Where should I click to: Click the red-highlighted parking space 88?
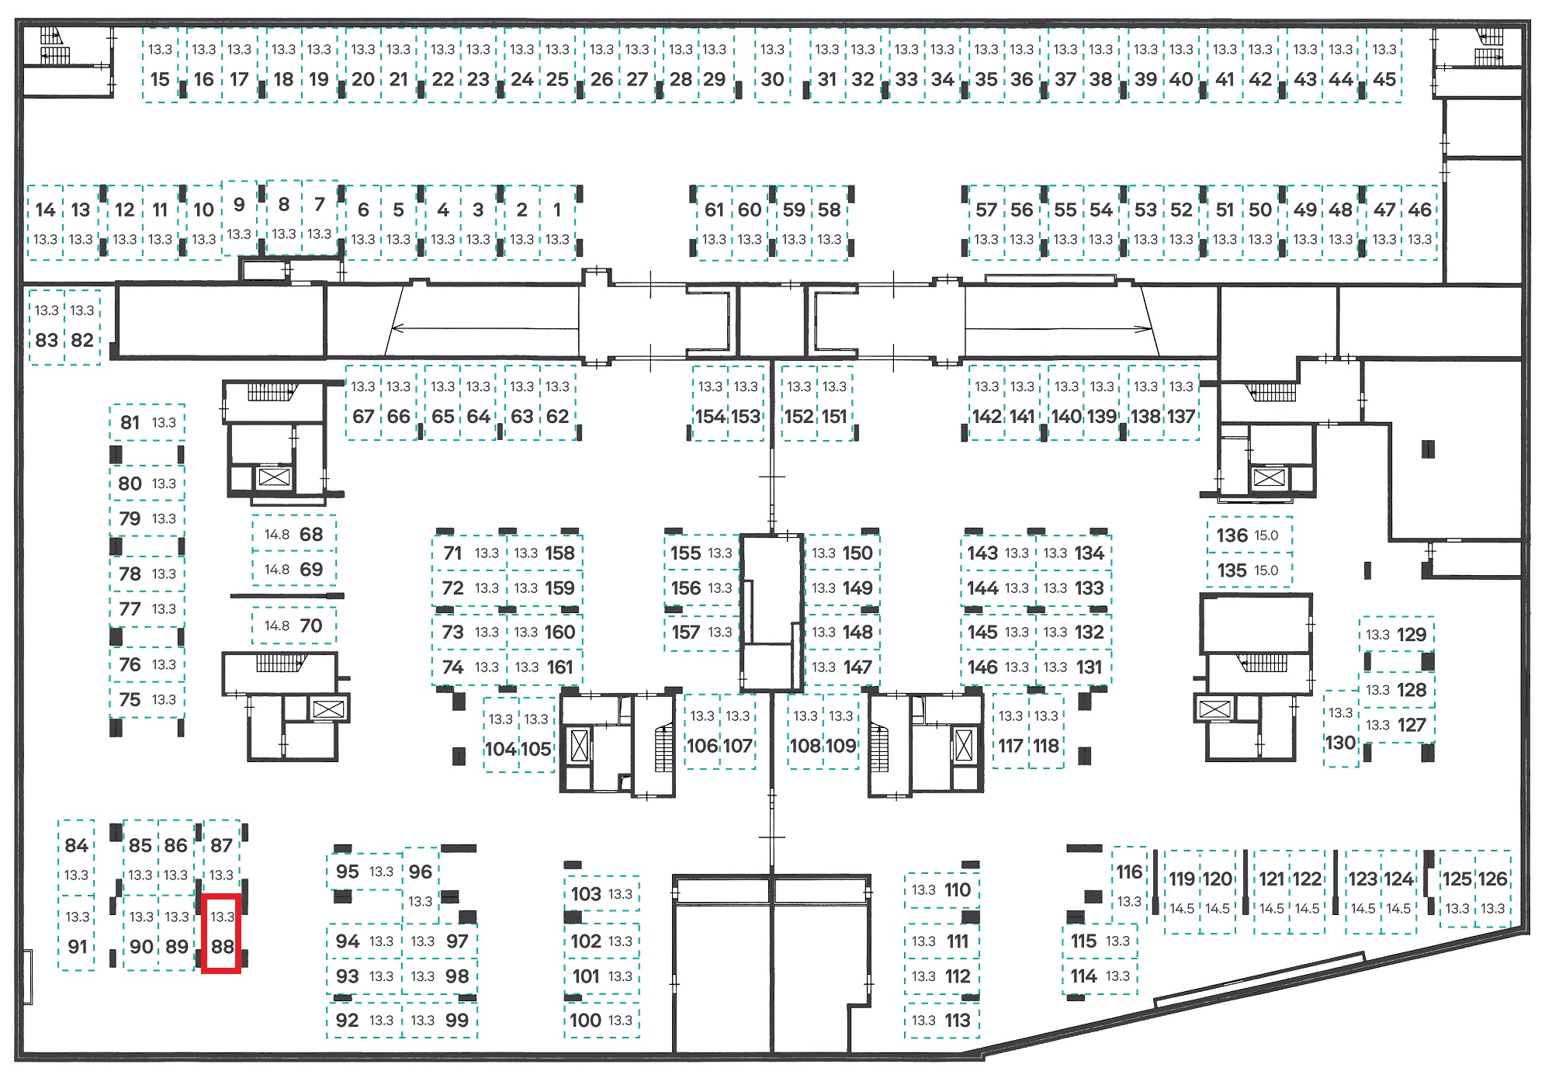(x=221, y=933)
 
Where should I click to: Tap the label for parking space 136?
(x=1232, y=536)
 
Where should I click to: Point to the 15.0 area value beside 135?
(x=1266, y=570)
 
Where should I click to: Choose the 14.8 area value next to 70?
(x=277, y=626)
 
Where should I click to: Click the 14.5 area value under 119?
(x=1182, y=909)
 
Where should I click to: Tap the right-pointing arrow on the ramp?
(x=1058, y=328)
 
